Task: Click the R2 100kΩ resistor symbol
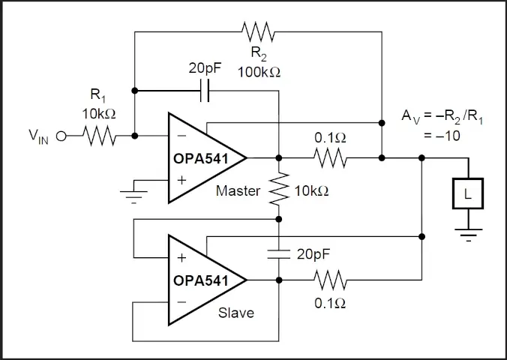coord(259,32)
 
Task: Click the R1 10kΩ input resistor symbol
coord(97,136)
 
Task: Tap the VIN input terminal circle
coord(61,136)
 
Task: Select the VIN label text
coord(38,136)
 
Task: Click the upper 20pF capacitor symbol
coord(205,91)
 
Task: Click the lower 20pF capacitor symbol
coord(278,253)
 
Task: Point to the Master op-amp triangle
coord(202,157)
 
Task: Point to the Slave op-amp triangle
coord(202,280)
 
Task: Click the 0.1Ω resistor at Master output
coord(330,158)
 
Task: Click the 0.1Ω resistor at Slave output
coord(330,280)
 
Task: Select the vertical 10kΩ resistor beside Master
coord(278,189)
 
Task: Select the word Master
coord(238,190)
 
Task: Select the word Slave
coord(235,312)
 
